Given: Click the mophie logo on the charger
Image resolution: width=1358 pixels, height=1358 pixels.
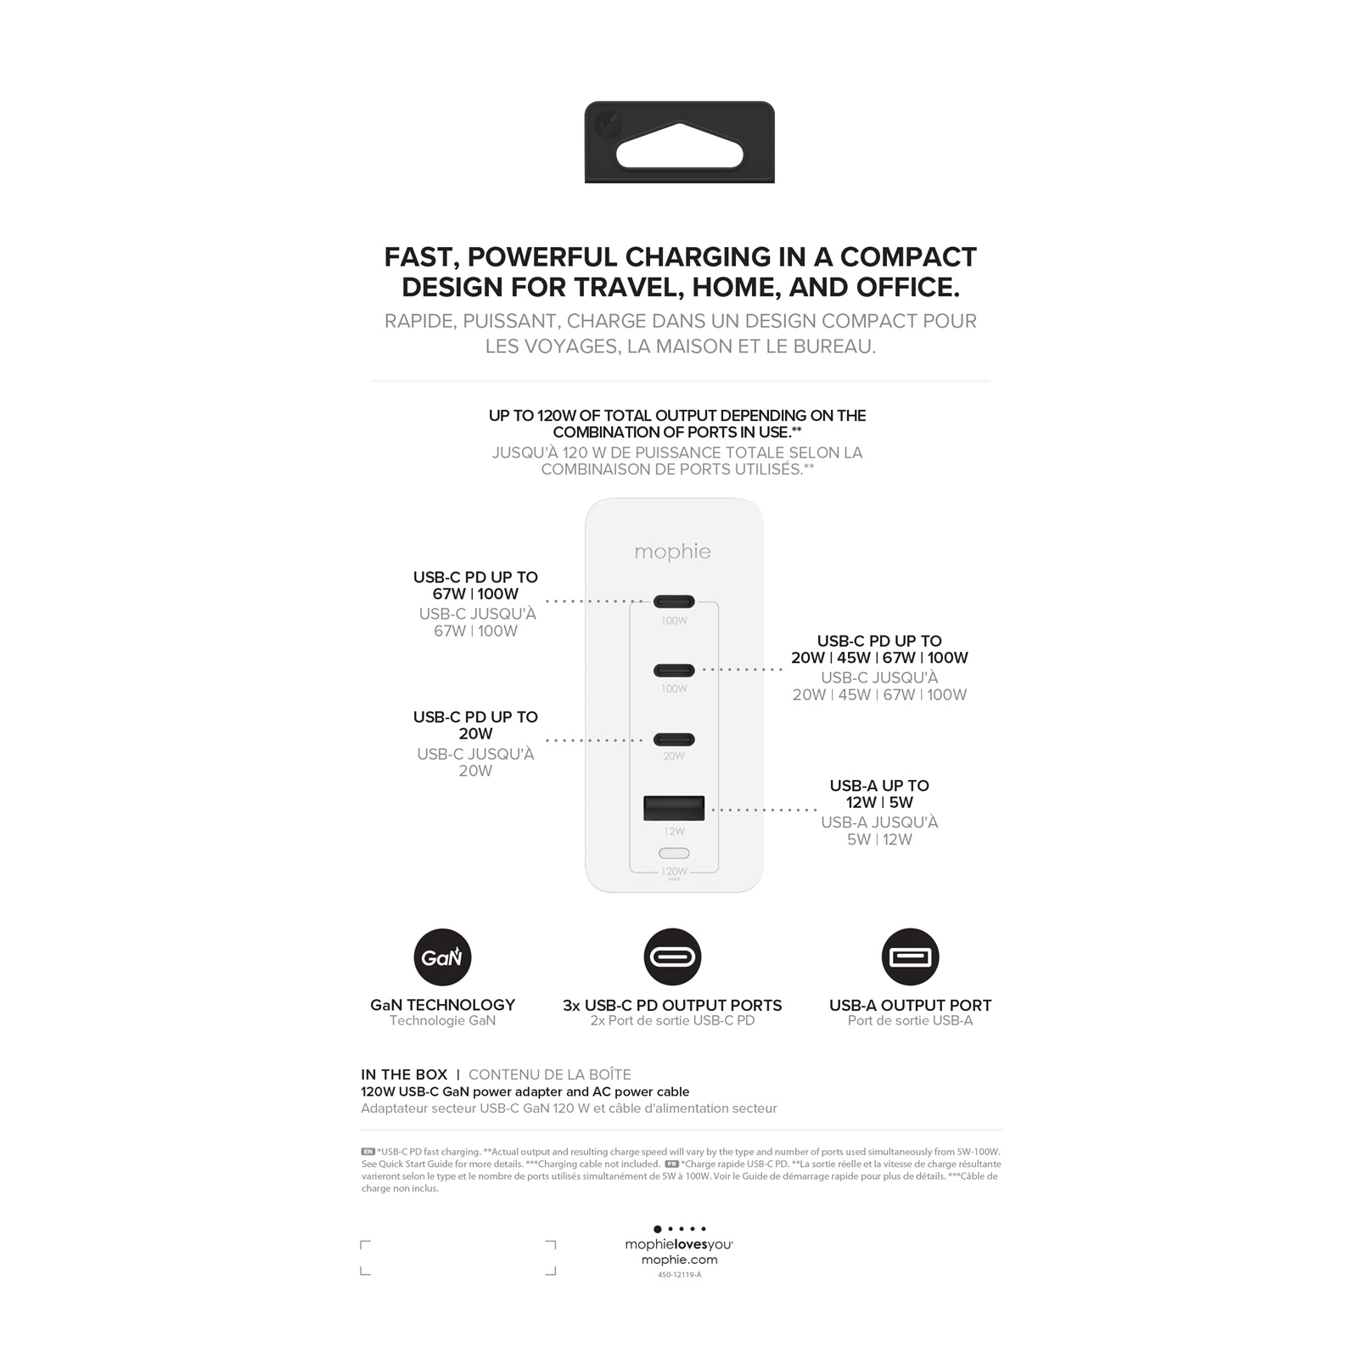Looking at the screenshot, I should (672, 552).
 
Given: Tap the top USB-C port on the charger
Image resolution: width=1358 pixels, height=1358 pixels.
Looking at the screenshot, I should (674, 602).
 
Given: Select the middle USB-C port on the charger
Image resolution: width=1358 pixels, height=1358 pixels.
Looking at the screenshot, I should (674, 671).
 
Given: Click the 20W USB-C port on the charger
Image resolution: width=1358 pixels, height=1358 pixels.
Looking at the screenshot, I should (674, 739).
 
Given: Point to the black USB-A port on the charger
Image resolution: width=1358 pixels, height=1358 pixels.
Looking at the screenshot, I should (674, 808).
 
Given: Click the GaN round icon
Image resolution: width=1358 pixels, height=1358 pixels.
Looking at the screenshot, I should (442, 957).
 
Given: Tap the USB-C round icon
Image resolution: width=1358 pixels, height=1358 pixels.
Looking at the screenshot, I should (672, 957).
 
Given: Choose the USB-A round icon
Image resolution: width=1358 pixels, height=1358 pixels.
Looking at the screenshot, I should (910, 957).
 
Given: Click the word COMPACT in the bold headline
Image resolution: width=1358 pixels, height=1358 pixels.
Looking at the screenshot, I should (907, 257).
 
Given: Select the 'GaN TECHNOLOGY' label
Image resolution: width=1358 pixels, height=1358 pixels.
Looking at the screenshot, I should (442, 1005).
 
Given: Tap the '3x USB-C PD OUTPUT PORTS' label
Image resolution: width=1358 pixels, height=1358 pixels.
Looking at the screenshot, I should (672, 1005).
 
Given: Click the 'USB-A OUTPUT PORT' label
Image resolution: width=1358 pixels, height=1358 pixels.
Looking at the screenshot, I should (910, 1005).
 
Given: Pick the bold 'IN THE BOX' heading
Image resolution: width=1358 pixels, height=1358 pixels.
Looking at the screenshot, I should (404, 1075).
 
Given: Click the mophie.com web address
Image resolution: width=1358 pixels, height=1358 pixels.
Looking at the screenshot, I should (679, 1260).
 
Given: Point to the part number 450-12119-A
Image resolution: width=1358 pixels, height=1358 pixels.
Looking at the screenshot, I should (679, 1275).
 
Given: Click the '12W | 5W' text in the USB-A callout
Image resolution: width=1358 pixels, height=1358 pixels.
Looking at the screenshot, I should (879, 802).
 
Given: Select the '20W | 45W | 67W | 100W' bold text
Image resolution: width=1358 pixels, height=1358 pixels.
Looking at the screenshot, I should (879, 658).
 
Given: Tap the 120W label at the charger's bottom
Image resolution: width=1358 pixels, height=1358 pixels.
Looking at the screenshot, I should (674, 872).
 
